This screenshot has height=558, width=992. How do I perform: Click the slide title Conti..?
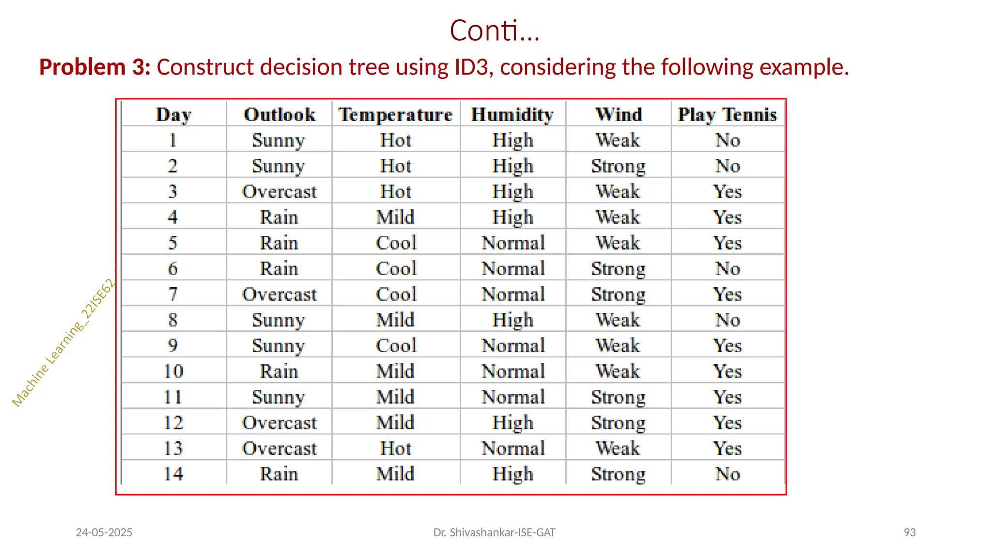(494, 31)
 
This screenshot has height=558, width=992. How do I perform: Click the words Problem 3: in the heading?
(95, 67)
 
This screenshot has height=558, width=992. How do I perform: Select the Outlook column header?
(279, 115)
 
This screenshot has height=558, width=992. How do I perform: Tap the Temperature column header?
(395, 115)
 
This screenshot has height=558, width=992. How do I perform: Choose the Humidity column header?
(512, 115)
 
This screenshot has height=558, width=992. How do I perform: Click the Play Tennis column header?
(727, 115)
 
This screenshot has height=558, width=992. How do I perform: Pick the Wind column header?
(619, 115)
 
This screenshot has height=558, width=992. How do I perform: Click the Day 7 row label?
(173, 294)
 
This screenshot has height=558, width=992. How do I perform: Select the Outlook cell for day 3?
(279, 192)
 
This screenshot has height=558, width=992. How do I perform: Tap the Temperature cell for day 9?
(396, 346)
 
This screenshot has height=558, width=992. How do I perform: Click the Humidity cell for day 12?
(512, 423)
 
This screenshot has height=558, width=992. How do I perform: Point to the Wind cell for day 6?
(618, 269)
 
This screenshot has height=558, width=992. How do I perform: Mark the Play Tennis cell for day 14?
(728, 474)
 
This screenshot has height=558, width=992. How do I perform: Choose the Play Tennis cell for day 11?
(728, 397)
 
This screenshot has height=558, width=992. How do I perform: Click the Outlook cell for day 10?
(279, 372)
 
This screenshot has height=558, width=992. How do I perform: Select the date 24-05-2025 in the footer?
(104, 532)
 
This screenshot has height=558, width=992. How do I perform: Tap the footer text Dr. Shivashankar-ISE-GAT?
(494, 532)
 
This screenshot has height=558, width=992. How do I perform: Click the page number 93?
(910, 532)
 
